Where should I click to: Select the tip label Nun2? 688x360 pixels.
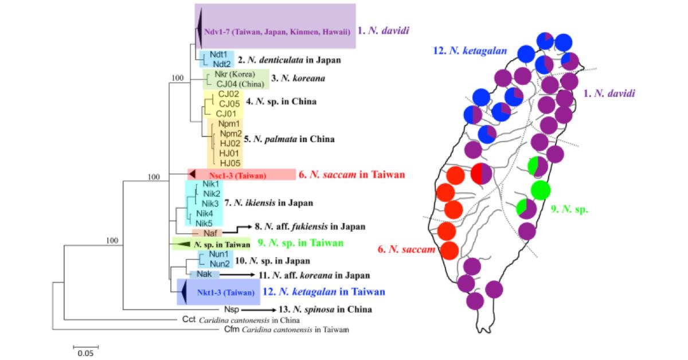[220, 264]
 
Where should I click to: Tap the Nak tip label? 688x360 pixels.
[205, 275]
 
